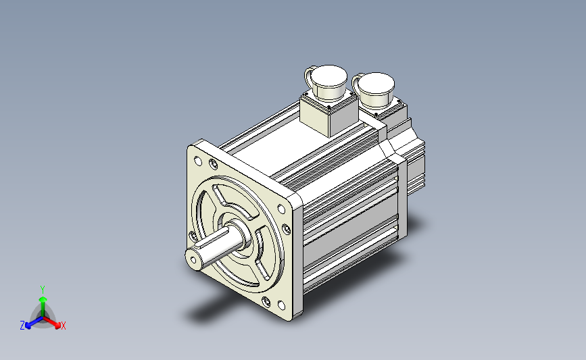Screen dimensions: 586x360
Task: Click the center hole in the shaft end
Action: click(193, 259)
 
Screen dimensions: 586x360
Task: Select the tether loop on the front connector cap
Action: click(308, 76)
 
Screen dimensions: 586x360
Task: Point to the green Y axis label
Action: click(43, 290)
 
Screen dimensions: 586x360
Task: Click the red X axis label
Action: click(63, 326)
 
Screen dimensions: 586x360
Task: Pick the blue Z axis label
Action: click(22, 326)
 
